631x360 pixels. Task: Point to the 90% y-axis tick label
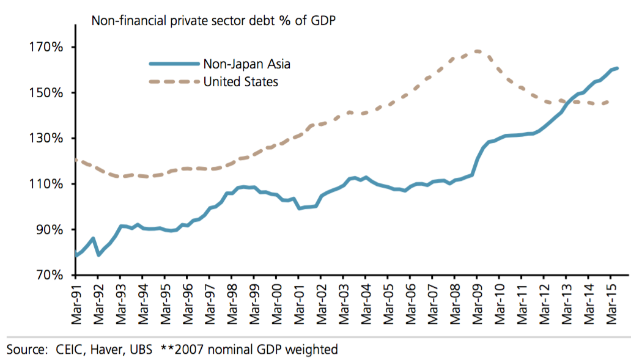pyautogui.click(x=43, y=230)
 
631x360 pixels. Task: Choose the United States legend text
pyautogui.click(x=241, y=81)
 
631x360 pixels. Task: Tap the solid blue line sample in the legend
pyautogui.click(x=175, y=64)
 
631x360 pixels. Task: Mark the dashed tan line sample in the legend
pyautogui.click(x=175, y=81)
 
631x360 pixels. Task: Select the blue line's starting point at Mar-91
pyautogui.click(x=76, y=254)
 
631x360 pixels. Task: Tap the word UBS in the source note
pyautogui.click(x=143, y=350)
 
